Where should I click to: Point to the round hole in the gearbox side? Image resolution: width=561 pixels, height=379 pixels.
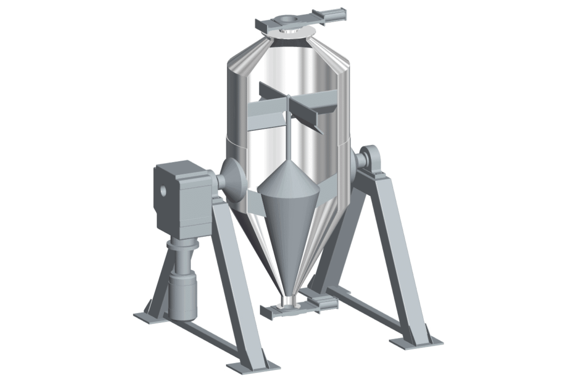pos(162,190)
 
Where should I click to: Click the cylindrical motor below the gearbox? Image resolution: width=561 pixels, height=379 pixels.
pos(183,295)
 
